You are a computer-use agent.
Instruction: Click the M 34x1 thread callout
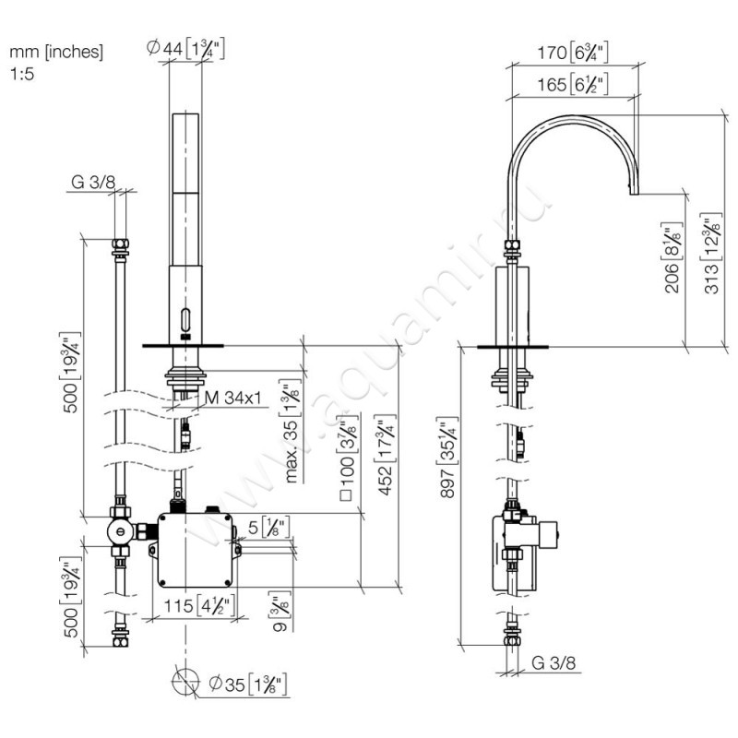tap(232, 399)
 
